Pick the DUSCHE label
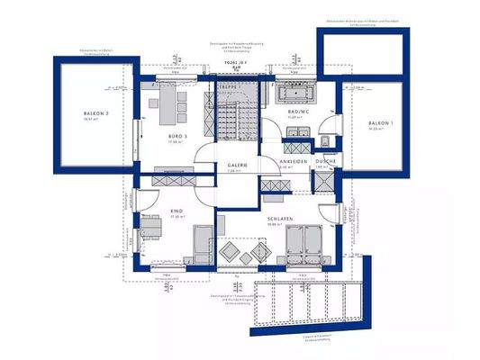coord(325,162)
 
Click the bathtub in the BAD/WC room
coord(296,94)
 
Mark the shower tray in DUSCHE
coord(322,180)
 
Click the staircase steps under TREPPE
coord(231,118)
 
